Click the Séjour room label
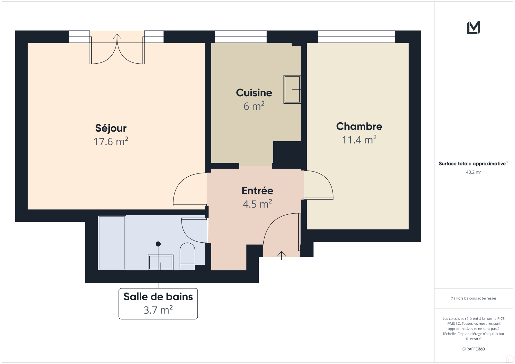111,128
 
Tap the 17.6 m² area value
111,141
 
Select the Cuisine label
254,93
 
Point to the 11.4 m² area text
359,140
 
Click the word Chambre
359,126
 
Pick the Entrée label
257,191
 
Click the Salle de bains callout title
158,297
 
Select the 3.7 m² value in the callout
158,310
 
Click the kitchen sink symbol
292,89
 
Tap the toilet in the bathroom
187,256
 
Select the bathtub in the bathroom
112,243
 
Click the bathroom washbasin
161,262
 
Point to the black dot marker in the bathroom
158,244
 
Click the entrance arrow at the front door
281,256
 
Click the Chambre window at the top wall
356,37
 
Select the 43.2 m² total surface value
473,172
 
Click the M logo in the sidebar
473,28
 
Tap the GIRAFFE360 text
473,349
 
